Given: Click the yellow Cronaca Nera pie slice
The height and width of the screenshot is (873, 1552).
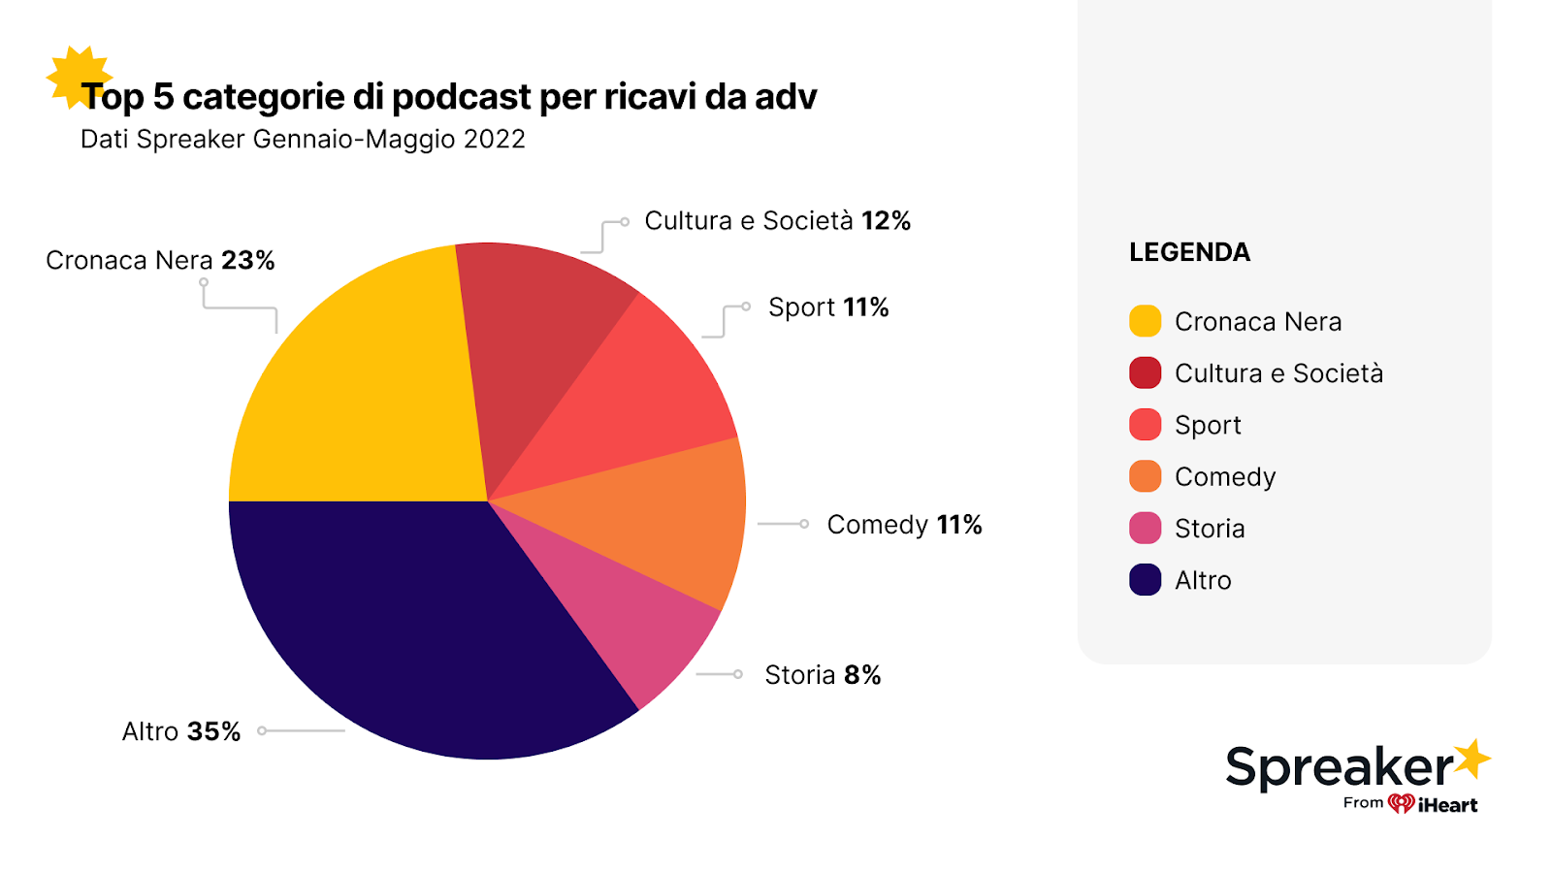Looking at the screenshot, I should [359, 388].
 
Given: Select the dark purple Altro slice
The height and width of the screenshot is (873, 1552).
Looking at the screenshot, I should [407, 630].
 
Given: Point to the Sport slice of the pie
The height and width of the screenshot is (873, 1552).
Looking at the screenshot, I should [640, 398].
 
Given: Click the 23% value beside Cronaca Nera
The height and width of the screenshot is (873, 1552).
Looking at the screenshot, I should [247, 261].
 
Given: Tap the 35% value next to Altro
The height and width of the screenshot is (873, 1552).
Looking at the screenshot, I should [213, 731].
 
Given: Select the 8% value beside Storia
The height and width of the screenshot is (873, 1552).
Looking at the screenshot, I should [862, 675].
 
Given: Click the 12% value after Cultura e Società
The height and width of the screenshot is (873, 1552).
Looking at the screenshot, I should [886, 221].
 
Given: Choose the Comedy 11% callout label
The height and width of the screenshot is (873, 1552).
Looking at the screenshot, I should [904, 525].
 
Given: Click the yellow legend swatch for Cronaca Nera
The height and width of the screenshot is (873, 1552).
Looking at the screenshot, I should [1145, 321].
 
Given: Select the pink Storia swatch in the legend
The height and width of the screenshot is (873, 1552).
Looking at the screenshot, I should [1145, 529].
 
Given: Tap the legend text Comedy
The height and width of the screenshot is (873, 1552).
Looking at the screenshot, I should [1224, 477].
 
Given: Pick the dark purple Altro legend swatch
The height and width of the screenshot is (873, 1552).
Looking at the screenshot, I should [1145, 580].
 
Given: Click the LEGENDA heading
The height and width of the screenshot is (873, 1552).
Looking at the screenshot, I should [1189, 252].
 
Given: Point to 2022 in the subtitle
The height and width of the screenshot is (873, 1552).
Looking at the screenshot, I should [494, 140].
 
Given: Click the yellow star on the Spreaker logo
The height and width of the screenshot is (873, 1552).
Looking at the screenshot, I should [1471, 760].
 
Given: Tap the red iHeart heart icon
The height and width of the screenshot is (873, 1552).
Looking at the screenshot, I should [1401, 803].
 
